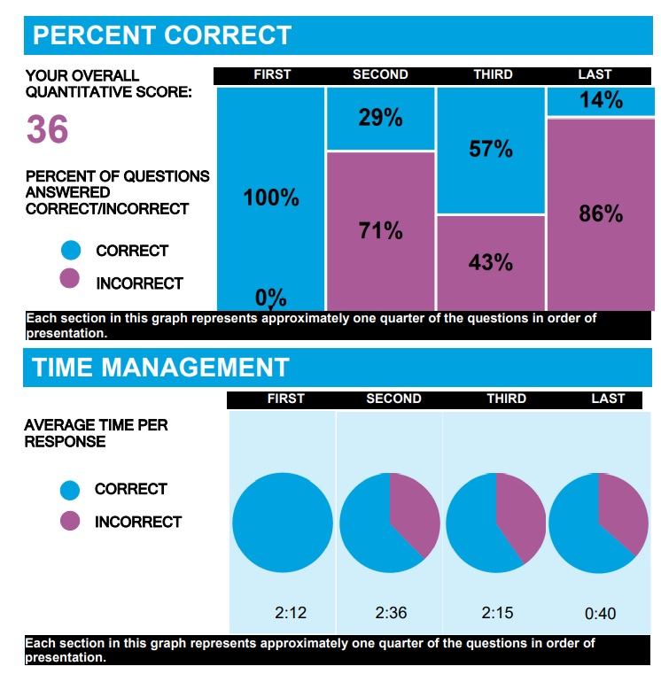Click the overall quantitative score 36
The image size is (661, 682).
coord(47,130)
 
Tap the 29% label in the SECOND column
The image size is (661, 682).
coord(380,117)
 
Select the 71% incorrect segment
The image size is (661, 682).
coord(380,231)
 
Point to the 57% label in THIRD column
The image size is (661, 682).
coord(491,149)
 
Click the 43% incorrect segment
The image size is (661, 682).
coord(491,262)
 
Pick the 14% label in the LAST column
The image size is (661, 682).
coord(601,101)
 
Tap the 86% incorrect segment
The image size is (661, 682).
coord(601,213)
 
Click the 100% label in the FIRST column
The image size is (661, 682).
coord(271,198)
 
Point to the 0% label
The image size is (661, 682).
coord(271,298)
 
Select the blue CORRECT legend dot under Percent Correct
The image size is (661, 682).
coord(70,251)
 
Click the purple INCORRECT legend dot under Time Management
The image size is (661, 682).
coord(70,522)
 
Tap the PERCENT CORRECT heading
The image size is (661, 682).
coord(162,35)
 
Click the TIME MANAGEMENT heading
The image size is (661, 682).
coord(160,368)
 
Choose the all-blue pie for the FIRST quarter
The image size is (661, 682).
coord(283,523)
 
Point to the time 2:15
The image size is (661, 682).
coord(498,612)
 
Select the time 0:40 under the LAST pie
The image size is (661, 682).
coord(600,613)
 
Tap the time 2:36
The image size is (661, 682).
coord(390,612)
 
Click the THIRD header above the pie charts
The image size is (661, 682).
coord(506,399)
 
